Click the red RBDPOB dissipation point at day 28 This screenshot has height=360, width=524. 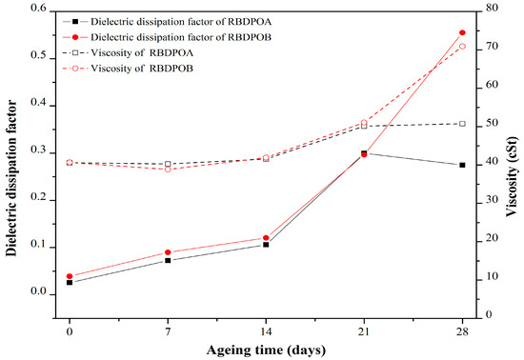point(462,33)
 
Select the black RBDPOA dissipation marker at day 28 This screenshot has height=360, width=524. point(462,165)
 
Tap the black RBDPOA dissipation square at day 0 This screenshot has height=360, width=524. point(70,282)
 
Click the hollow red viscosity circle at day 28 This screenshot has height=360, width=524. point(462,46)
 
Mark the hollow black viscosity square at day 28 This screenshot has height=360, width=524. point(462,124)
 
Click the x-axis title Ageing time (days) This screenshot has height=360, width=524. point(266,349)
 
